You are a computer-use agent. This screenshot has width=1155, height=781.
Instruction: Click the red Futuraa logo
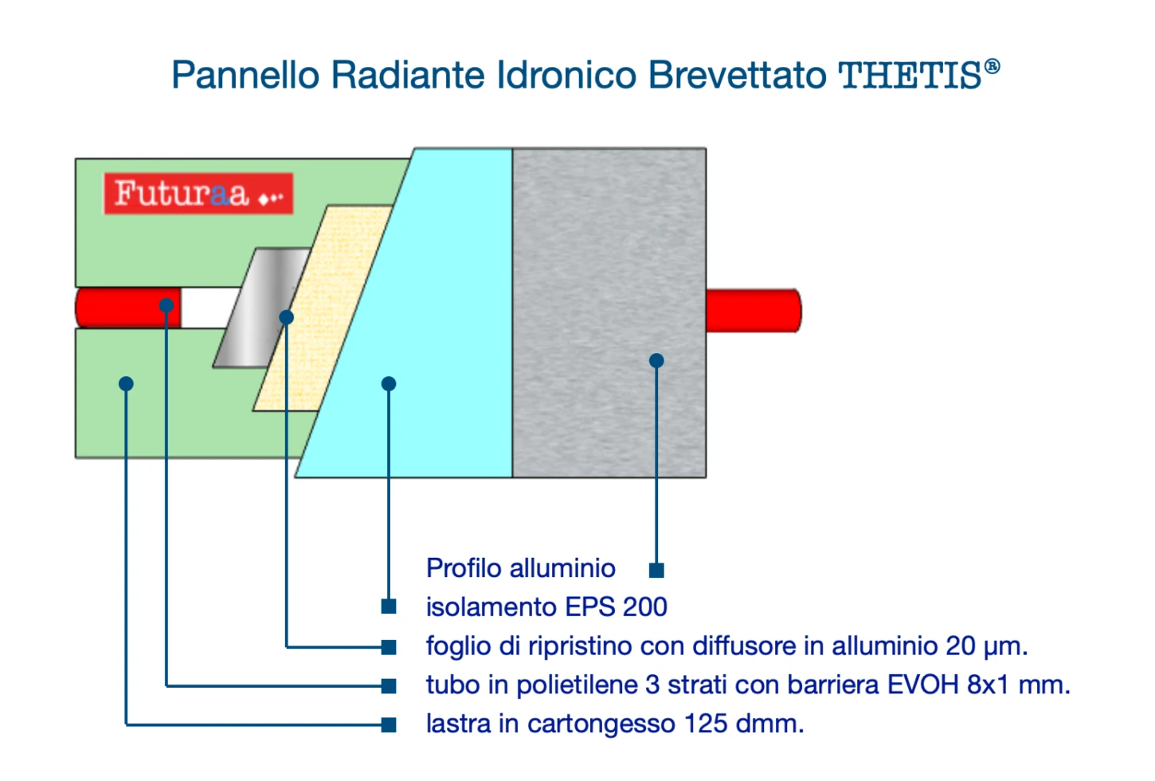tap(198, 194)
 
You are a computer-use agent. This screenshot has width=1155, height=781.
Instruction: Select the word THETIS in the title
tap(910, 76)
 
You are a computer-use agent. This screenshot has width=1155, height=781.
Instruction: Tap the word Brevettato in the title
tap(738, 76)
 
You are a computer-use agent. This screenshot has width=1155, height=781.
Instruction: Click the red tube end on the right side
tap(754, 311)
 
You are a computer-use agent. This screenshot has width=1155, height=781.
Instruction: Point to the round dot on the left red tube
tap(166, 305)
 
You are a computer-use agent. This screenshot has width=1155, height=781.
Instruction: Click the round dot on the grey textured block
tap(656, 360)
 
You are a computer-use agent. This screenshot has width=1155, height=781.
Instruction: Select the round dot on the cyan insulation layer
tap(389, 384)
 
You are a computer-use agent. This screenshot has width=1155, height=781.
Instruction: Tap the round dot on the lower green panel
tap(127, 384)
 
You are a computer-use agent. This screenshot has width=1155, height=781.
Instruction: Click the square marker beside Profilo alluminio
tap(656, 570)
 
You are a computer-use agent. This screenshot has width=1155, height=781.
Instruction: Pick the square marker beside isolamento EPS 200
tap(389, 606)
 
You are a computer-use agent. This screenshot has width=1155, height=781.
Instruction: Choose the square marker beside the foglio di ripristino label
tap(389, 647)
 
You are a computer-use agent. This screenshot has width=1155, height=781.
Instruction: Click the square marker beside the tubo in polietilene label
tap(389, 686)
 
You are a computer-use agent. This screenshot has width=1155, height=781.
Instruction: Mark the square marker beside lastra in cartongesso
tap(389, 725)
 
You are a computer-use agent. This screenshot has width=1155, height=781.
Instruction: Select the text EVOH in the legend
tap(922, 685)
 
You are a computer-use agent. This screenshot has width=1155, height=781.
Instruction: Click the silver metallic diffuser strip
tap(262, 308)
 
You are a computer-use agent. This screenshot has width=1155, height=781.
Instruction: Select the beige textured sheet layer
tap(323, 308)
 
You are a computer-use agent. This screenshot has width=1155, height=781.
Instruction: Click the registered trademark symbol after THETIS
tap(992, 67)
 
